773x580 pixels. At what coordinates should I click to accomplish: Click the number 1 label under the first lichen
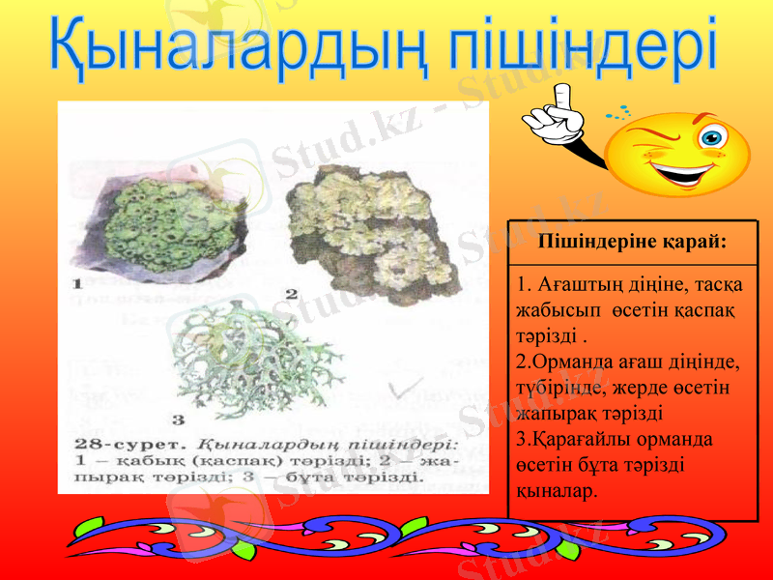point(76,284)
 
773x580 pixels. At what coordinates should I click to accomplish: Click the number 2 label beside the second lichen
point(290,292)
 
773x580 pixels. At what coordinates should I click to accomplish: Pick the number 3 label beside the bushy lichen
point(178,420)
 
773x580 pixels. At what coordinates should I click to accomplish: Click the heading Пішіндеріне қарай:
point(633,241)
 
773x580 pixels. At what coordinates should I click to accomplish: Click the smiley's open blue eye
point(714,135)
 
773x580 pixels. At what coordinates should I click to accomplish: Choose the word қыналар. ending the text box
point(558,490)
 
